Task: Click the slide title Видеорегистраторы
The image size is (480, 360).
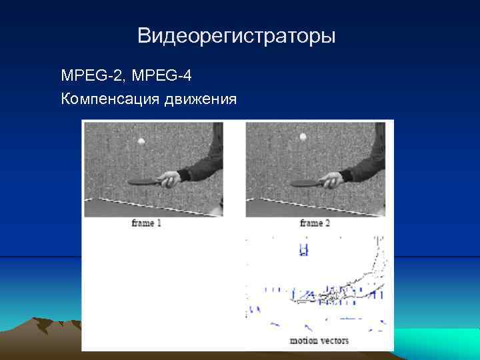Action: click(x=237, y=35)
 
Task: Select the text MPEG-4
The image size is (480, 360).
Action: click(x=162, y=76)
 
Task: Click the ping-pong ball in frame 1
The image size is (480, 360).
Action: click(x=140, y=141)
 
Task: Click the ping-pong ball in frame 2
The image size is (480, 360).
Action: click(x=303, y=137)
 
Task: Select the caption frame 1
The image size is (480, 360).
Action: click(x=147, y=223)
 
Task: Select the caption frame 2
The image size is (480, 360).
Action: click(x=315, y=223)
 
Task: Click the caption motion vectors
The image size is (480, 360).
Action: click(x=319, y=341)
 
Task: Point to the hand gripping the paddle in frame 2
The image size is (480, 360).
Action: click(x=331, y=179)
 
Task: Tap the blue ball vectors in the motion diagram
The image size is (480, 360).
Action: click(x=304, y=250)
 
